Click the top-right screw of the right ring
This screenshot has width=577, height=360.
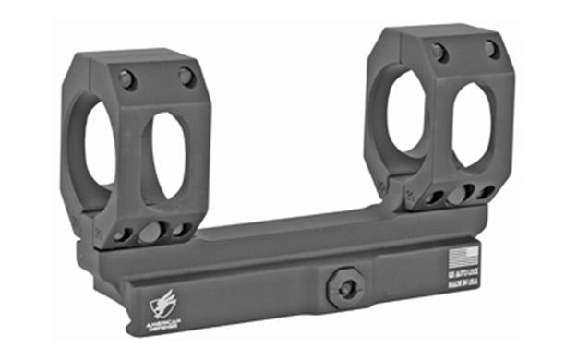(x=492, y=49)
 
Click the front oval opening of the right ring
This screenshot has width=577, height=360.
(x=470, y=126)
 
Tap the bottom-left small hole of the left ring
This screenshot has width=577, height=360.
(x=121, y=234)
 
